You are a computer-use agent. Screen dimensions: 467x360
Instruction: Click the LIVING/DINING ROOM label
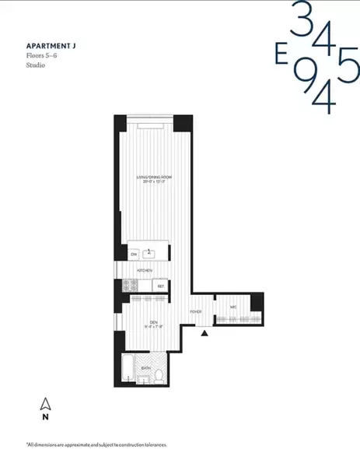click(154, 178)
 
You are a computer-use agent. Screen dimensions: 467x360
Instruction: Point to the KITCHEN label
click(145, 270)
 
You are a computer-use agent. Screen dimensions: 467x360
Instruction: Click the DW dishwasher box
click(134, 254)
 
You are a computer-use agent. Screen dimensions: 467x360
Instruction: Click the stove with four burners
click(130, 286)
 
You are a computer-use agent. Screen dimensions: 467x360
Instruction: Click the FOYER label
click(195, 312)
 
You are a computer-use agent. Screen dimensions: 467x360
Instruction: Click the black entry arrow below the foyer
click(204, 333)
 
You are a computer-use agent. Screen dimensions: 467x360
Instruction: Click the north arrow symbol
click(45, 404)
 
